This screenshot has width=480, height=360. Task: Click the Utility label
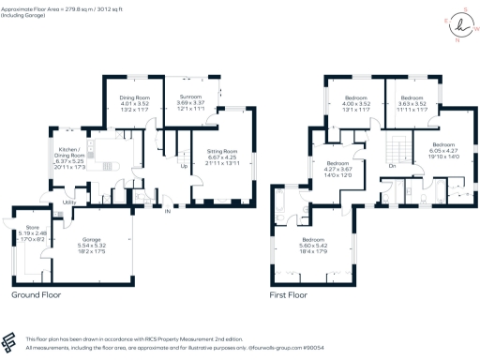pos(69,202)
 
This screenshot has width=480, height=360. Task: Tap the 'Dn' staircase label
pos(391,166)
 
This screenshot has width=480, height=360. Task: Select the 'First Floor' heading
pos(290,294)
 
